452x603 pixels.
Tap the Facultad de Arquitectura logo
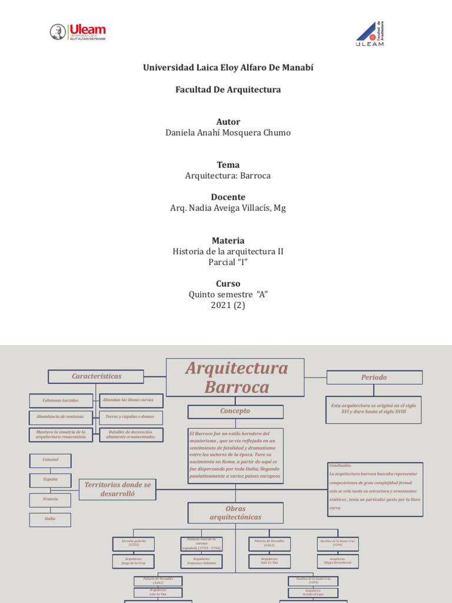370,33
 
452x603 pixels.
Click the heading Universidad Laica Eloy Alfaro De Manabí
228,68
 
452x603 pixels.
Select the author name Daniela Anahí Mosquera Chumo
228,132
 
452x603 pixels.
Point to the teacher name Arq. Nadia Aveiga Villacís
227,208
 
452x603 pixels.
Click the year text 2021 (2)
228,305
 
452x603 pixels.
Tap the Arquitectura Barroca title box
235,377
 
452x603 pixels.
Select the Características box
96,376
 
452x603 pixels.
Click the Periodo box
374,377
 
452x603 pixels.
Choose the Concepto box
235,411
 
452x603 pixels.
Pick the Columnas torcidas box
61,400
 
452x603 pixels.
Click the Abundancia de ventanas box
61,417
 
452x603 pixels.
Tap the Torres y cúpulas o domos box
131,417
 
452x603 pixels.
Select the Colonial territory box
51,460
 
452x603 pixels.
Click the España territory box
51,480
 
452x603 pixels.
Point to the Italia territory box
51,519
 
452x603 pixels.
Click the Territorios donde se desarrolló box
118,489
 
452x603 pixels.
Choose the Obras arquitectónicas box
235,512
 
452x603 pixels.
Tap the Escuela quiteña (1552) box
134,543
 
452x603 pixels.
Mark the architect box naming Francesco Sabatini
201,561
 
